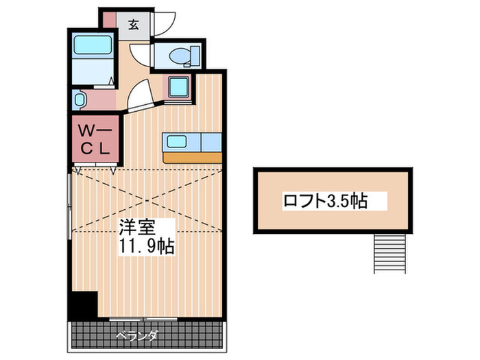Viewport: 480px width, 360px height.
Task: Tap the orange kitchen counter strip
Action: click(x=192, y=157)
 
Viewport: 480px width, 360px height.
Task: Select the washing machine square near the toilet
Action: click(x=180, y=88)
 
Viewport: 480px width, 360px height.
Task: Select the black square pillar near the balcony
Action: click(x=82, y=304)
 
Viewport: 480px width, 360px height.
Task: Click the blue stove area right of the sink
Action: click(x=211, y=141)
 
